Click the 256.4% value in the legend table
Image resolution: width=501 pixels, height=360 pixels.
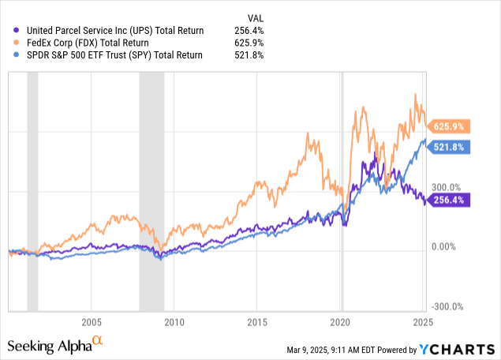coord(250,30)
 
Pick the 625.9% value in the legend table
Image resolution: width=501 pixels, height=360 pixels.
coord(250,43)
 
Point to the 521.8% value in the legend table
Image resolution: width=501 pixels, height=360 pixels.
coord(250,55)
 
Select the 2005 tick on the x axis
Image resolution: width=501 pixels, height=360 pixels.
coord(92,322)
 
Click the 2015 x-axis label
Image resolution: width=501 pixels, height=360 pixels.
coord(257,322)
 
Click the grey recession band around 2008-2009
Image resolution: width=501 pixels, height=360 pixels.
coord(151,189)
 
